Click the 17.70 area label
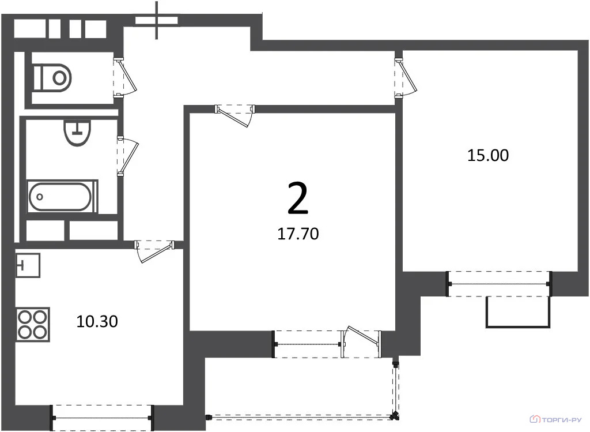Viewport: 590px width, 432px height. (298, 234)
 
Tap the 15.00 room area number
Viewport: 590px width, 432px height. (487, 155)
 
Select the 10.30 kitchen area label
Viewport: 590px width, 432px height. (97, 321)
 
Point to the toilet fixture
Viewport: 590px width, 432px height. (52, 78)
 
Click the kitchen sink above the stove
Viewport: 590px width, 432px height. (28, 265)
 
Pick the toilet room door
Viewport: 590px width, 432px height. (124, 77)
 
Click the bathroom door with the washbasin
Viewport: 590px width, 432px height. (127, 156)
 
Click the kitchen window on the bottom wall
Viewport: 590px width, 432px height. (103, 418)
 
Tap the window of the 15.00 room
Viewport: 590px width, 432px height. (500, 284)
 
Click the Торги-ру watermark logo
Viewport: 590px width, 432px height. (555, 419)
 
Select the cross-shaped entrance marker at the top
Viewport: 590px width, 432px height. (157, 20)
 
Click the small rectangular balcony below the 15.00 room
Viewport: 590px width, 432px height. (517, 312)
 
